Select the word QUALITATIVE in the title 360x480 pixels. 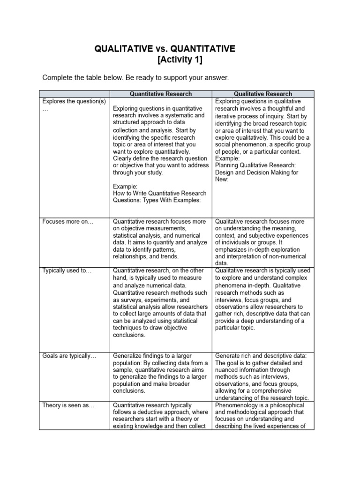124,49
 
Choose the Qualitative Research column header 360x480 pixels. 264,94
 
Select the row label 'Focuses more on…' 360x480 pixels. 68,222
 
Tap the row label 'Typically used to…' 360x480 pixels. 67,271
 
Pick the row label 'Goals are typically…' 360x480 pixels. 69,356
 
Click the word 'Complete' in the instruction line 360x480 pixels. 57,77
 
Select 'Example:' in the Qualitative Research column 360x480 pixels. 227,159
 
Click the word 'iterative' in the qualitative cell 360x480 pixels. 226,116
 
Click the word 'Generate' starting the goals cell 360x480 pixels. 228,356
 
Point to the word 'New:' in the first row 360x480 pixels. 222,180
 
